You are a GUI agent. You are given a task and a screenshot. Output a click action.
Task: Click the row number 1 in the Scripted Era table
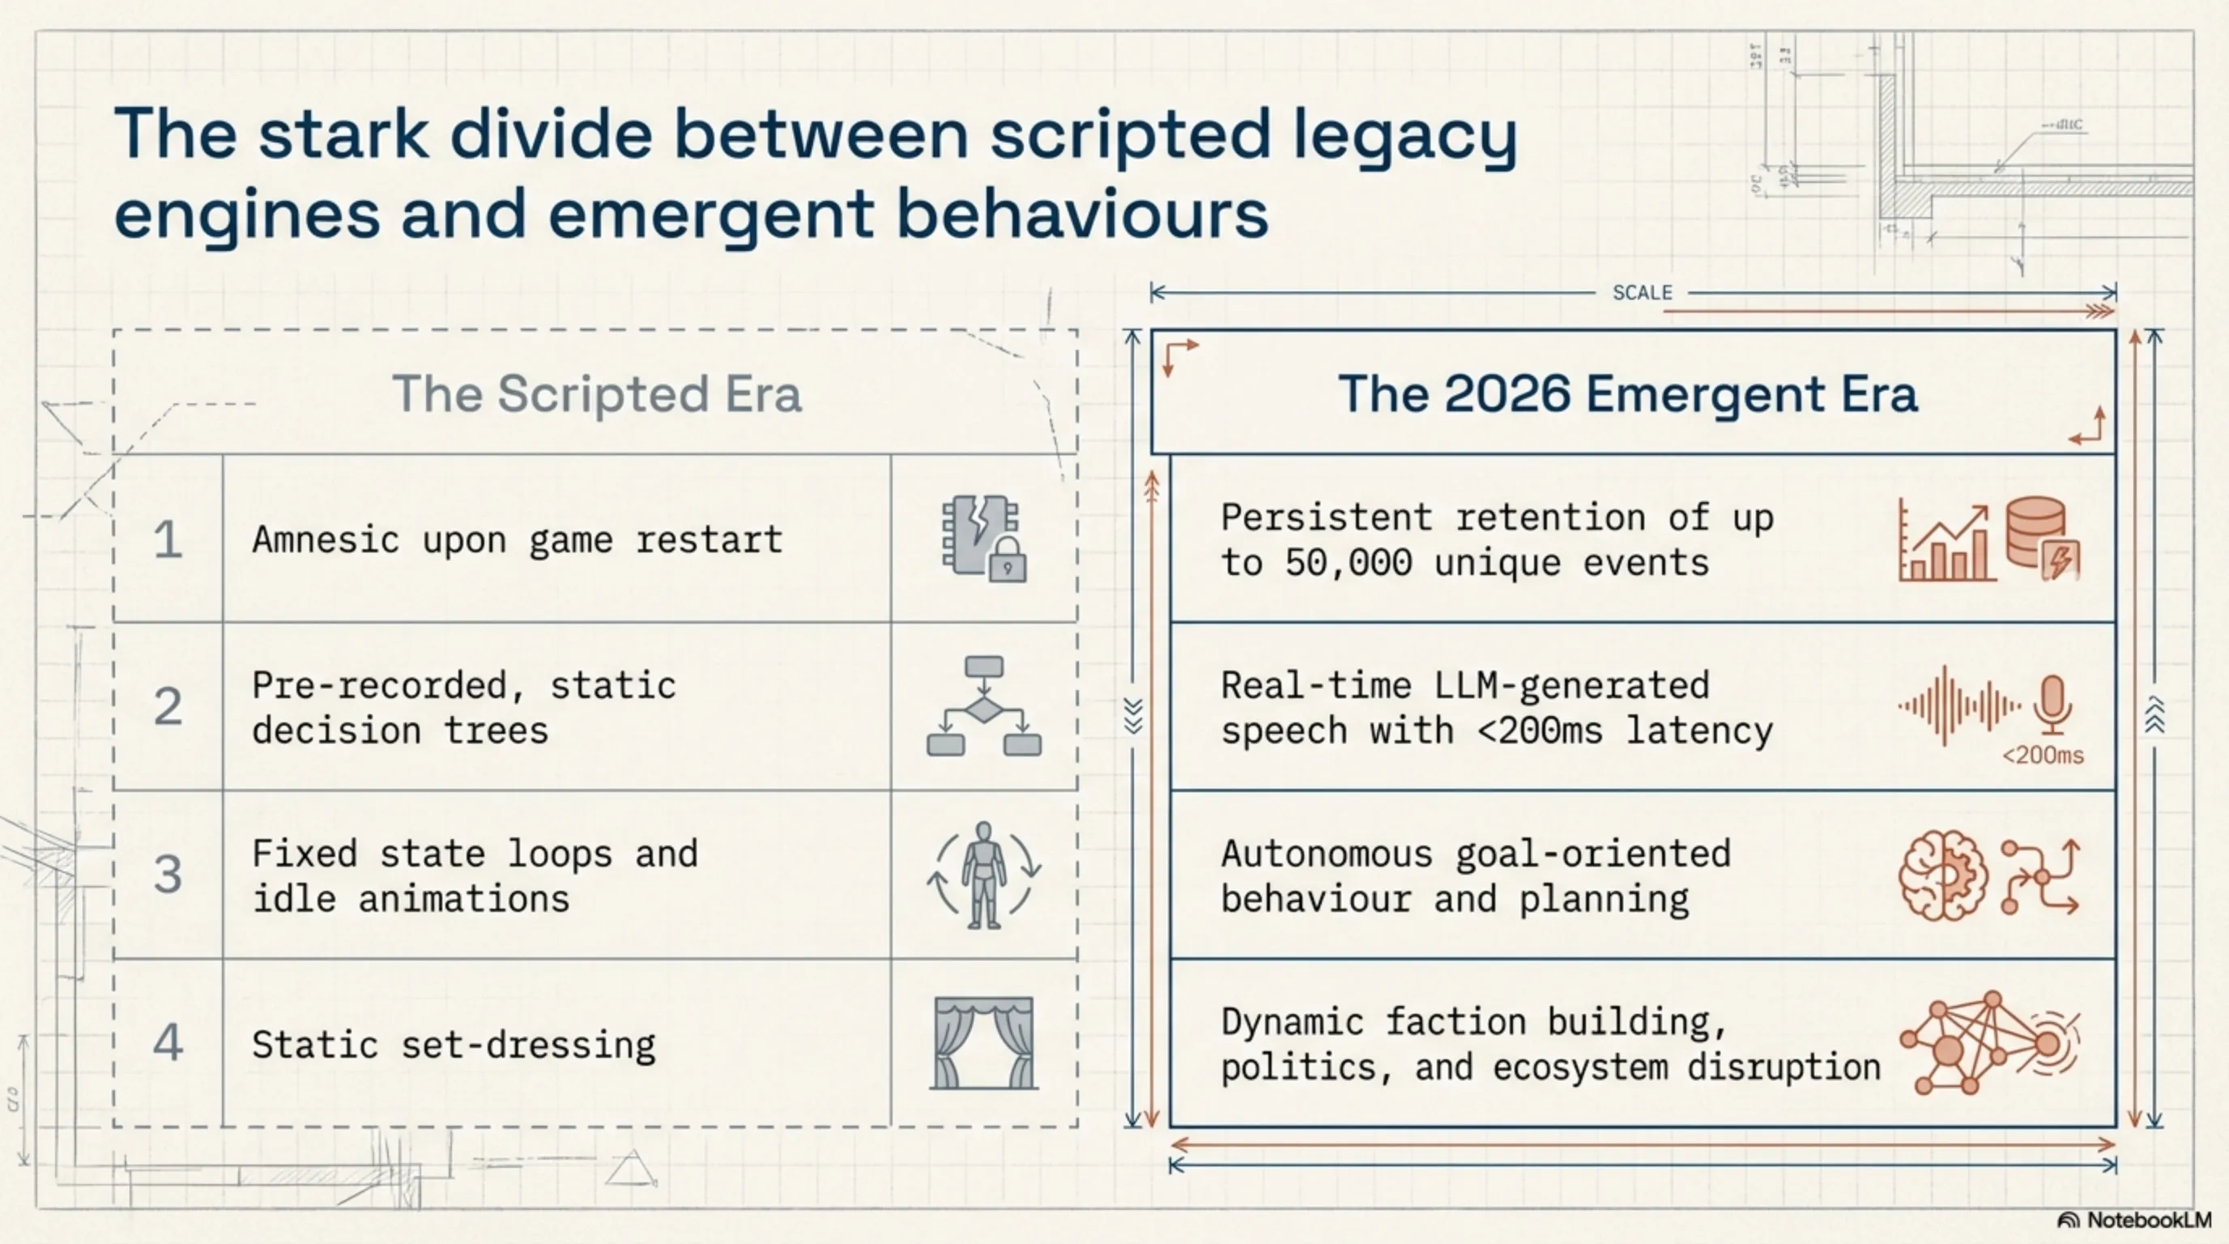(x=168, y=540)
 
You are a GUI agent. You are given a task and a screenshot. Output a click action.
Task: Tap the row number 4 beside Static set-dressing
(x=168, y=1042)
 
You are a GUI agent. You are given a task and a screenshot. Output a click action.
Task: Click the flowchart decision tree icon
(x=984, y=706)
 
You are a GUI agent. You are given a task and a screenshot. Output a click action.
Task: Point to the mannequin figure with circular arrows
(x=984, y=875)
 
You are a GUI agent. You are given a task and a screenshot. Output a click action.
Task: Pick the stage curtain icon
(x=984, y=1042)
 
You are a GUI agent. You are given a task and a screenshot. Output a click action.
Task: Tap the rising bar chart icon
(x=1947, y=542)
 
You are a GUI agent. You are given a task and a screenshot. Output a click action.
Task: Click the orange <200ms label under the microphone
(x=2043, y=755)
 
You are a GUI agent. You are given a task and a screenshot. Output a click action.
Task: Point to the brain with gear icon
(x=1942, y=875)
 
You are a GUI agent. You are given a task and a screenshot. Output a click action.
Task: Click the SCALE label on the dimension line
(x=1643, y=292)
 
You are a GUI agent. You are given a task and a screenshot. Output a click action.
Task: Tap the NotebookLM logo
(x=2133, y=1220)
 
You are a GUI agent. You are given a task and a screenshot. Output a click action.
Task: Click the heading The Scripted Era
(x=597, y=394)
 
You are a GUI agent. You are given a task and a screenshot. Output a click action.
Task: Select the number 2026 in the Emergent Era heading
(x=1507, y=394)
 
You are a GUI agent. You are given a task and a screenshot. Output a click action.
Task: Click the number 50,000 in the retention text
(x=1348, y=563)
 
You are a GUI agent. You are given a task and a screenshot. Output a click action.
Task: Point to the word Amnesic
(x=326, y=540)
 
